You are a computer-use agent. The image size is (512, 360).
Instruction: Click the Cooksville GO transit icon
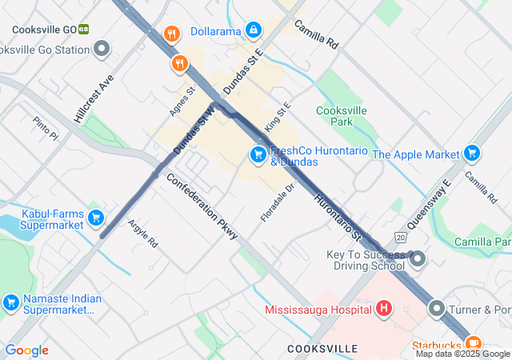coord(84,30)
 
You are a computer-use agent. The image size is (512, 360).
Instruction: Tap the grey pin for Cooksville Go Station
coord(102,50)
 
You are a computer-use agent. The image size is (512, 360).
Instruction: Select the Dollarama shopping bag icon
coord(254,31)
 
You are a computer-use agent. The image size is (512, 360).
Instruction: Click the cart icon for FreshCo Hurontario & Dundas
coord(258,154)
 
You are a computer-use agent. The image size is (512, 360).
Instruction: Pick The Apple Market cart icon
coord(472,154)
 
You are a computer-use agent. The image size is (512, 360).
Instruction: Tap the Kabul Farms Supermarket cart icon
coord(96,218)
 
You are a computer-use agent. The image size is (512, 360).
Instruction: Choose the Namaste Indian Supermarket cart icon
coord(11,302)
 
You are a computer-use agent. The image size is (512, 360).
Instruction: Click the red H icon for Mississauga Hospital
coord(384,308)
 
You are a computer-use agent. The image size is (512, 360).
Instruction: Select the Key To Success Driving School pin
coord(417,259)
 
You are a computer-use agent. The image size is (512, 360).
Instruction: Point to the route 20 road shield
coord(401,237)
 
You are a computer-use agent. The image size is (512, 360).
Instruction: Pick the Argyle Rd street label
coord(143,233)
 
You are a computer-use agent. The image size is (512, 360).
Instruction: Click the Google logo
coord(26,350)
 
